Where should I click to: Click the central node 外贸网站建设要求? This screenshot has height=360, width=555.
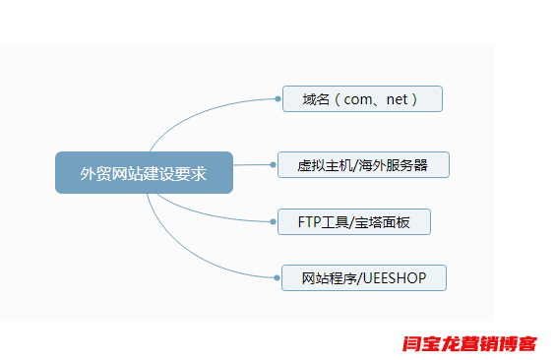click(x=144, y=173)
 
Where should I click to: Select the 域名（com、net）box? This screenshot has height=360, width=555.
click(x=362, y=99)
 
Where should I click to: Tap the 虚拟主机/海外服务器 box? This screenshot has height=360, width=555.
click(x=363, y=165)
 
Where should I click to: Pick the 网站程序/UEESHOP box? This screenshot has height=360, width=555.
click(x=364, y=278)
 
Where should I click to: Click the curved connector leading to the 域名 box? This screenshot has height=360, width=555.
click(x=197, y=115)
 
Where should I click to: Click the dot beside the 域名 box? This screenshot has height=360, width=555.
click(x=277, y=99)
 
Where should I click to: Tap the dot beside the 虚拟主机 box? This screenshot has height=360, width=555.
click(x=273, y=165)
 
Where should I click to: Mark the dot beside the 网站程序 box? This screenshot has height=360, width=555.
click(x=277, y=278)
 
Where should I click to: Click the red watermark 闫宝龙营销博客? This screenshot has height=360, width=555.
click(x=470, y=344)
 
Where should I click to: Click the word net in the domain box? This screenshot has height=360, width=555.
click(x=398, y=99)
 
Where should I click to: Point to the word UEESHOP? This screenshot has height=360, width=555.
click(x=394, y=278)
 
